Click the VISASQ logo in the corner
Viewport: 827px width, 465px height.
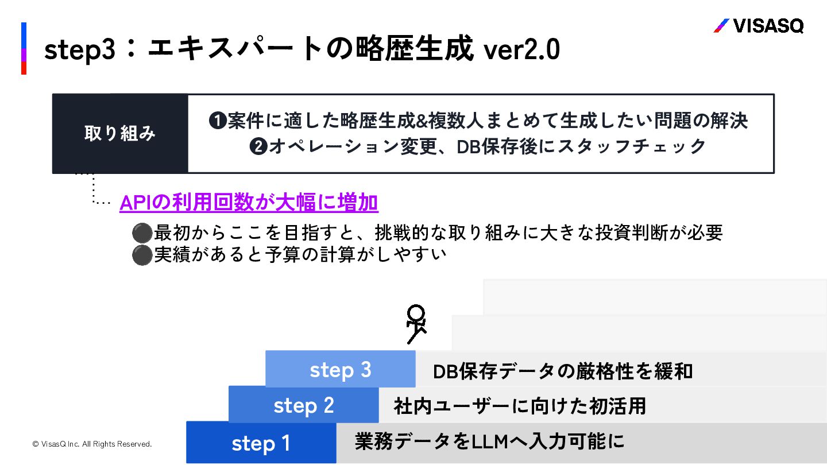point(758,26)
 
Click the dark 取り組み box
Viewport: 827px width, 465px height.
point(120,134)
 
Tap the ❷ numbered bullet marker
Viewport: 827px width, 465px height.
point(258,147)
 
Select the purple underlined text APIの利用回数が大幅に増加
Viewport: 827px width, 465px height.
point(249,203)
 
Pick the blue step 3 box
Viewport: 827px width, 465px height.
point(341,369)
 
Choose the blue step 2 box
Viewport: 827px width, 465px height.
point(304,405)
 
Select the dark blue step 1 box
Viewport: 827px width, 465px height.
point(261,443)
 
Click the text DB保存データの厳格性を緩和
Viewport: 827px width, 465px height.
point(563,371)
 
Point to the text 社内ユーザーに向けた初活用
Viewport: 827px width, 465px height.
point(520,406)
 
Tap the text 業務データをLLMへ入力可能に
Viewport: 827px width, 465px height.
point(489,441)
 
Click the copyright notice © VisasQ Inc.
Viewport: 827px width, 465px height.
point(92,444)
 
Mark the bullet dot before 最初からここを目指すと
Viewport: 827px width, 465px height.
point(141,233)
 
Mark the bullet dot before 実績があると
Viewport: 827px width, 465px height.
point(141,255)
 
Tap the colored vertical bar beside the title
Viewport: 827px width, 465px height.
point(24,49)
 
